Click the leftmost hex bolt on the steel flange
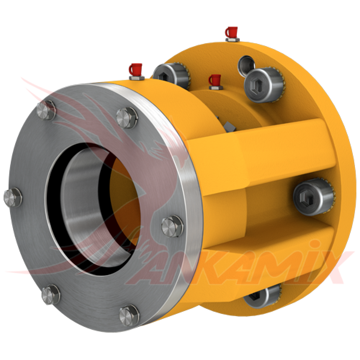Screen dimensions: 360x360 (13, 197)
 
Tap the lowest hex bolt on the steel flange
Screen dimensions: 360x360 (129, 315)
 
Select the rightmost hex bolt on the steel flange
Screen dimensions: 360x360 (172, 226)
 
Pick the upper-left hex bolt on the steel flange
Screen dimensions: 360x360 (46, 110)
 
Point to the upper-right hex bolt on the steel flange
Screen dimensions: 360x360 (127, 118)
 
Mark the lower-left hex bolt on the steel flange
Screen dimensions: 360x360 (51, 294)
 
